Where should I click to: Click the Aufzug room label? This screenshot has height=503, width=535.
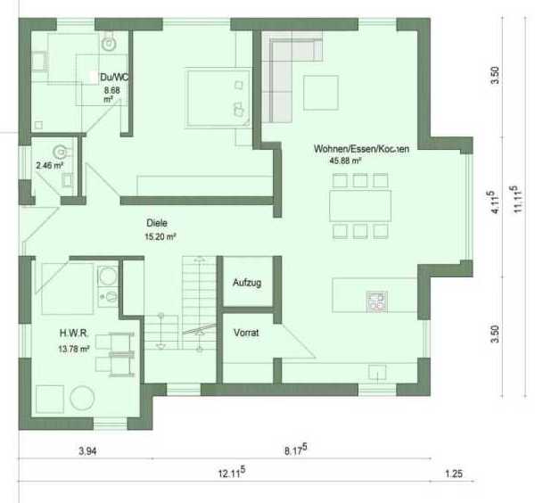[x=247, y=283]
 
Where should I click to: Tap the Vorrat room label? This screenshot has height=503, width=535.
[x=246, y=333]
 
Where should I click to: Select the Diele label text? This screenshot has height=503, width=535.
[x=157, y=223]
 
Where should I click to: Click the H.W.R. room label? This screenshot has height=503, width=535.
[x=74, y=333]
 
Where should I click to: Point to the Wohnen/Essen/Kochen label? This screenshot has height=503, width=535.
[x=361, y=149]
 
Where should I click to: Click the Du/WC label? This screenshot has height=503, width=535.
[x=114, y=77]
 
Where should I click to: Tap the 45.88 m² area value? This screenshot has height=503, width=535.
[x=345, y=161]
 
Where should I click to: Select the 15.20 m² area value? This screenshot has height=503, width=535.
[x=160, y=236]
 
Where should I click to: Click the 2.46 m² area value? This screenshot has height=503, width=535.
[x=49, y=166]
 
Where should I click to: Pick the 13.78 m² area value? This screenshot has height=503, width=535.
[x=74, y=349]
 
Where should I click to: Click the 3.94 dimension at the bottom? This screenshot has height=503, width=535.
[x=87, y=451]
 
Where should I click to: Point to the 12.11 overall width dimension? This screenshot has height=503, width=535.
[x=232, y=473]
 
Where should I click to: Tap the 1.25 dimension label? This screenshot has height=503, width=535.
[x=454, y=474]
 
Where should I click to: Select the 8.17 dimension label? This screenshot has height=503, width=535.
[x=295, y=449]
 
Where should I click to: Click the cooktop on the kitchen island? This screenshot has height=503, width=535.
[x=376, y=301]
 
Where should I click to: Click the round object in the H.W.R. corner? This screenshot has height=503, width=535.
[x=82, y=398]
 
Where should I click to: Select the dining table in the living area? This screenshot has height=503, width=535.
[x=360, y=206]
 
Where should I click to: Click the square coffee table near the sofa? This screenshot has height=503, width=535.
[x=321, y=93]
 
